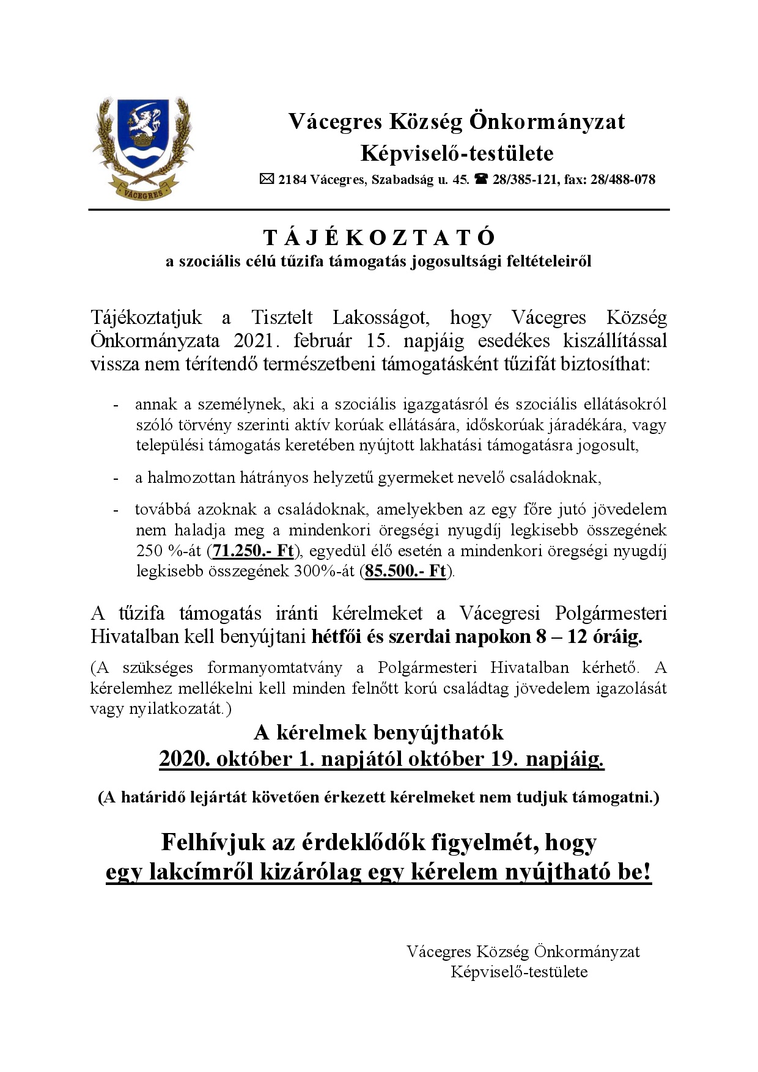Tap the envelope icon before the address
point(267,179)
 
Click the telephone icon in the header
point(481,179)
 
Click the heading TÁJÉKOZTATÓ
point(379,238)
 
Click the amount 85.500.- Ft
point(405,572)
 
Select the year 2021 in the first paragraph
point(251,340)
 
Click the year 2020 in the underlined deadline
point(183,759)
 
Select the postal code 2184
point(292,180)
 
